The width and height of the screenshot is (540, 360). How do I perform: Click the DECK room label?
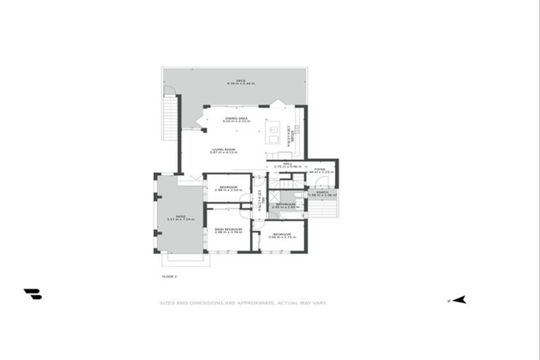pyautogui.click(x=240, y=81)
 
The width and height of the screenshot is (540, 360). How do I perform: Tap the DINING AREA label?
pyautogui.click(x=237, y=119)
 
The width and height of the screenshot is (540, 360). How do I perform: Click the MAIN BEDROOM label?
pyautogui.click(x=229, y=230)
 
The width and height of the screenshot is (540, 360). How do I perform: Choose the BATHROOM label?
pyautogui.click(x=285, y=205)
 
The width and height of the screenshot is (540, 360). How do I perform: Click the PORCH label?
pyautogui.click(x=322, y=192)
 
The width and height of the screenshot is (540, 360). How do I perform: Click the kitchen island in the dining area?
pyautogui.click(x=271, y=130)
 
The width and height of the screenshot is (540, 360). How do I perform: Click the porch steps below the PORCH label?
pyautogui.click(x=323, y=209)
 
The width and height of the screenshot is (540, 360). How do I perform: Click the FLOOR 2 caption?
pyautogui.click(x=169, y=276)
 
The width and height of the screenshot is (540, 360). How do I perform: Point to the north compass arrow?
pyautogui.click(x=458, y=300)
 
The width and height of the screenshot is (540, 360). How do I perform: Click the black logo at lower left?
pyautogui.click(x=32, y=294)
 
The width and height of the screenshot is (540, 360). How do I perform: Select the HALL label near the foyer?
pyautogui.click(x=288, y=164)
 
